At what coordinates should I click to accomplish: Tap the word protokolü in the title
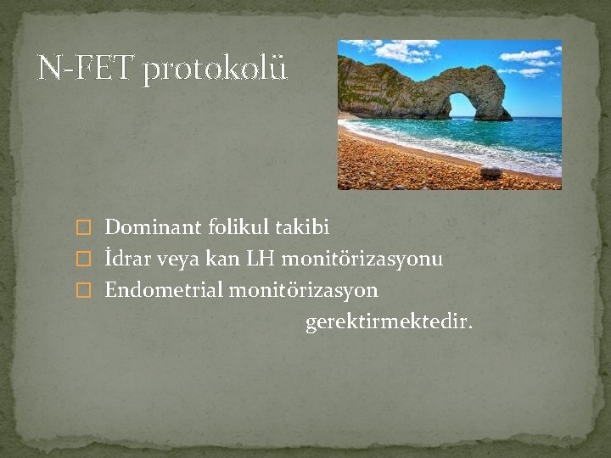point(215,69)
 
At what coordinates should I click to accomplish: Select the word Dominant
point(153,227)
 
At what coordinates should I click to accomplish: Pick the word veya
point(178,260)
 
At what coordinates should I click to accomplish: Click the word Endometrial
point(161,290)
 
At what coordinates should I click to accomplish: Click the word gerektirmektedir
point(390,323)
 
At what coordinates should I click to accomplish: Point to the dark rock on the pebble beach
point(490,172)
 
